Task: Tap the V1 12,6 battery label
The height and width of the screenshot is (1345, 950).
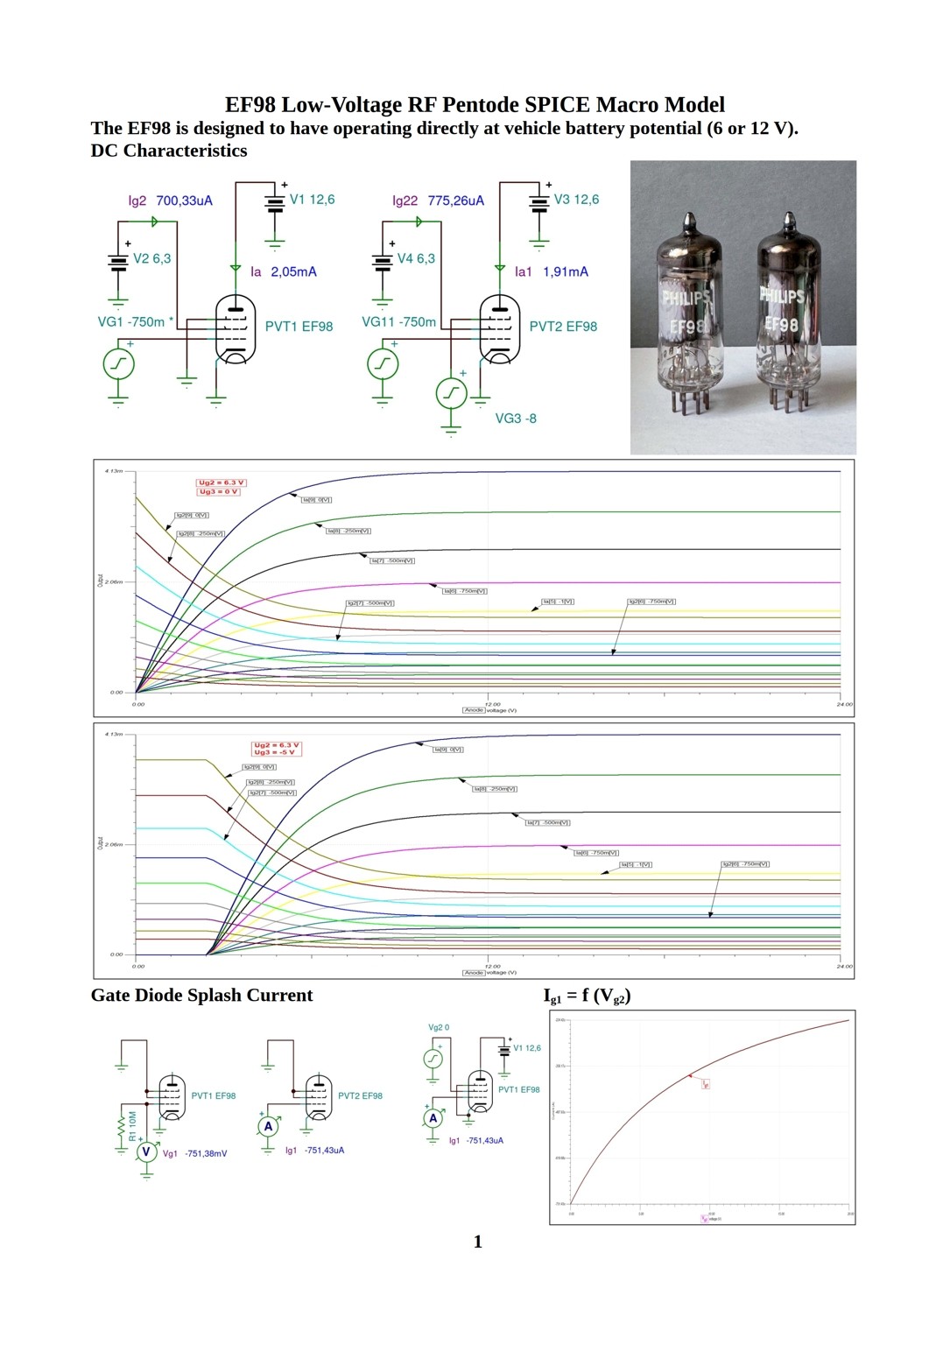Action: [312, 200]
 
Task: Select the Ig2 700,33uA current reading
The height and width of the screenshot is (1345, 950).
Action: [170, 201]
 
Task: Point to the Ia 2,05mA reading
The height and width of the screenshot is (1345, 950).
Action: [283, 271]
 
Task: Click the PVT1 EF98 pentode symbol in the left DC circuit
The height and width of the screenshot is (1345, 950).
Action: [235, 329]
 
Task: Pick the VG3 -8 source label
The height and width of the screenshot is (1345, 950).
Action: [516, 419]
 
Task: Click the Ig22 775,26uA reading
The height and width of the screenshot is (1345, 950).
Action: [438, 201]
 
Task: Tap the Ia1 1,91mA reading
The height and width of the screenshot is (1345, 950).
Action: [551, 271]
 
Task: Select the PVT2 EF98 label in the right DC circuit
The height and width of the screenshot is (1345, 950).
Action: [563, 327]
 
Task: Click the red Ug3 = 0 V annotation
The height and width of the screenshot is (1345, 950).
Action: [219, 492]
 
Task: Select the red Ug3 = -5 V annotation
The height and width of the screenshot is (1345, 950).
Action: [276, 752]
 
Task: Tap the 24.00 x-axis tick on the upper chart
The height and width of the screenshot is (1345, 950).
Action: [844, 704]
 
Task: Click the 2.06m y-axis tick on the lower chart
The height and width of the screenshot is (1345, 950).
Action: [115, 844]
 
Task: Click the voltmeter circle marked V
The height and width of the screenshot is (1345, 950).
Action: [146, 1152]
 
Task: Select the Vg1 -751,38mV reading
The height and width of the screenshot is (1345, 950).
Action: [195, 1153]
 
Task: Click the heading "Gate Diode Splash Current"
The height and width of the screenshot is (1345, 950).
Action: [201, 995]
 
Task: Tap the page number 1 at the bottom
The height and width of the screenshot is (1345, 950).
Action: [477, 1241]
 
